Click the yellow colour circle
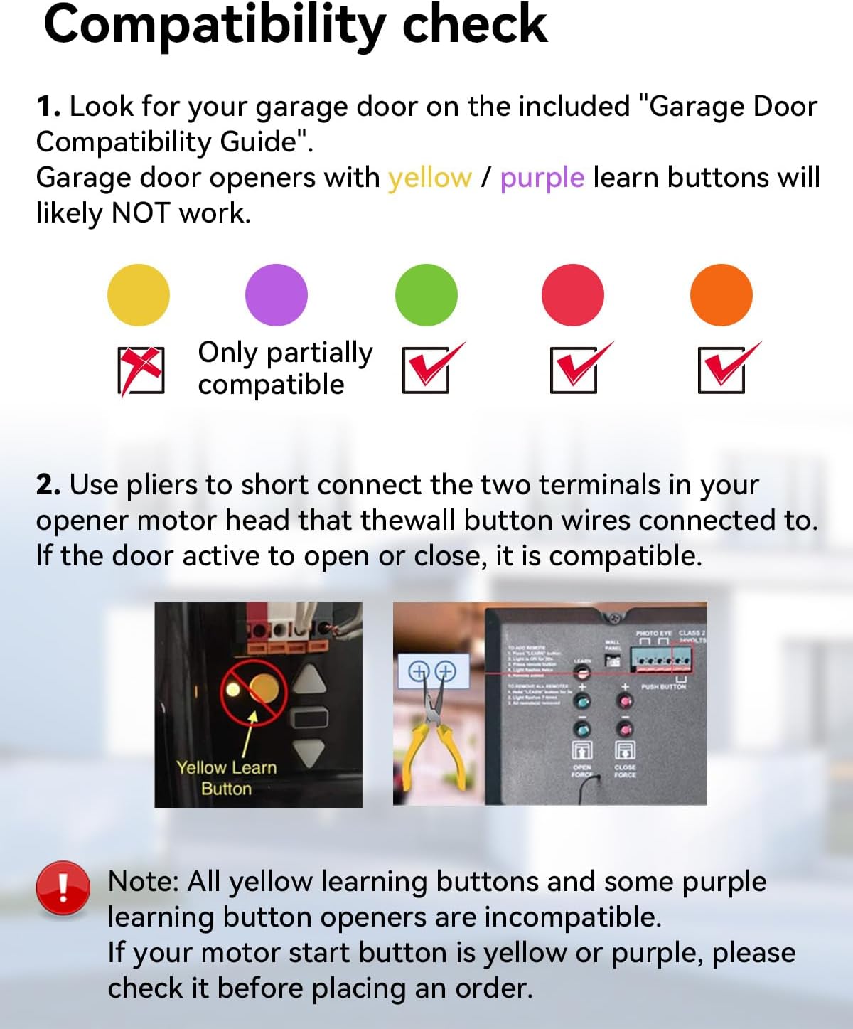(139, 295)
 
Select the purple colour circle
(277, 295)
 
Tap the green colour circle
(426, 295)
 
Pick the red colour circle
(573, 295)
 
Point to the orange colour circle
(721, 295)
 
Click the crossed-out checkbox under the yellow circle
(141, 370)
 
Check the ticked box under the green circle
(426, 370)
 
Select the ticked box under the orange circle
(722, 370)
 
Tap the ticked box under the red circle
(574, 370)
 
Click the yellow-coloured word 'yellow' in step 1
(429, 178)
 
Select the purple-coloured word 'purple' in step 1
(542, 178)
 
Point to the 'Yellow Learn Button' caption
(226, 778)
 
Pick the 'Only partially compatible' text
(284, 368)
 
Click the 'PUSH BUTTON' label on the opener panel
(663, 687)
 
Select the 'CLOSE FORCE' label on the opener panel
(625, 771)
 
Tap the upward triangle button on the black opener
(310, 680)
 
